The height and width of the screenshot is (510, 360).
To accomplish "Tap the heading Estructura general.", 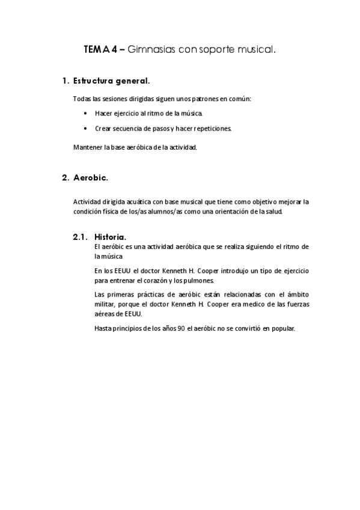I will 111,80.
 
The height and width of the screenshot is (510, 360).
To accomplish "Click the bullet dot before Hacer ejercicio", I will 86,113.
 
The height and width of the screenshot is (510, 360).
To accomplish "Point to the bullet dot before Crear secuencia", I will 86,128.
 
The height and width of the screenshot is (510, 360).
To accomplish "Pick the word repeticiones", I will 213,128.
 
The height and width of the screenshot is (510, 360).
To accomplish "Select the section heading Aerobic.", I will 90,177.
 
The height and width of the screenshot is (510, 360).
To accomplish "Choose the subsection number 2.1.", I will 81,237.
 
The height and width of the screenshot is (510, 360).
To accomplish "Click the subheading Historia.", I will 111,237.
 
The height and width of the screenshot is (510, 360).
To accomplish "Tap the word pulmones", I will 191,281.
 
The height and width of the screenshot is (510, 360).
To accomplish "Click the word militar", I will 105,304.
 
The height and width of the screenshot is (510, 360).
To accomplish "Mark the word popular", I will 282,328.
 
